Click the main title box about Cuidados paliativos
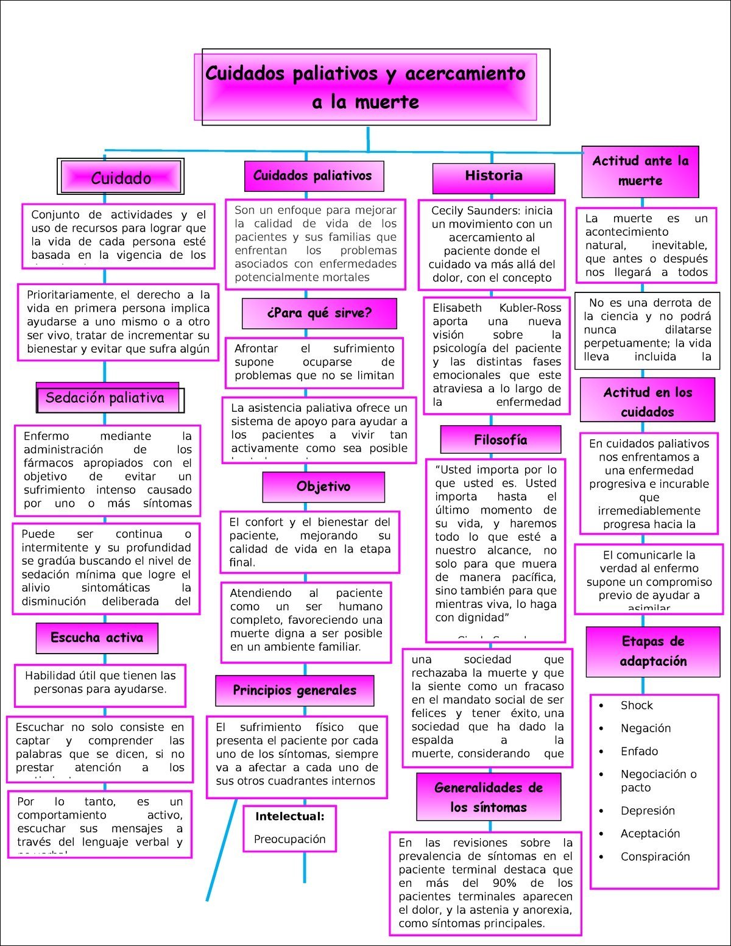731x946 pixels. click(x=365, y=87)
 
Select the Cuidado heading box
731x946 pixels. click(x=121, y=178)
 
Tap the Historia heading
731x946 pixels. click(x=493, y=176)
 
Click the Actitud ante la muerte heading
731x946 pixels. click(x=640, y=171)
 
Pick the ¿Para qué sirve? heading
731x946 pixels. click(x=319, y=313)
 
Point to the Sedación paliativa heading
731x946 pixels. click(x=105, y=398)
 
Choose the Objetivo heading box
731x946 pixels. click(x=323, y=487)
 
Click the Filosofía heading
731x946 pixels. click(x=500, y=440)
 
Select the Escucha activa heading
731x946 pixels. click(x=97, y=638)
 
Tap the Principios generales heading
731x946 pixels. click(x=294, y=690)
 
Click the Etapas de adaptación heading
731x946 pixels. click(x=653, y=651)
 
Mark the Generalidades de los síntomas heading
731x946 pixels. click(x=489, y=797)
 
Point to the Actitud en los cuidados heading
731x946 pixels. click(x=647, y=402)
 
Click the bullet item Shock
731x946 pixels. click(x=637, y=705)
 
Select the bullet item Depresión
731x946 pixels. click(x=648, y=811)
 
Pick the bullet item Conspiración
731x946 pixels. click(x=655, y=856)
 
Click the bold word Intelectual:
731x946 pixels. click(x=290, y=817)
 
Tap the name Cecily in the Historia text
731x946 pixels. click(x=450, y=211)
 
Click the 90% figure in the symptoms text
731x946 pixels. click(x=504, y=883)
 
